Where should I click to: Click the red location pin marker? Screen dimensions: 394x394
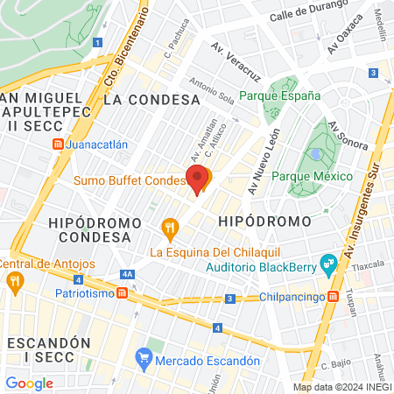click(x=199, y=179)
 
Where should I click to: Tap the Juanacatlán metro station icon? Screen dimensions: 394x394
click(x=58, y=144)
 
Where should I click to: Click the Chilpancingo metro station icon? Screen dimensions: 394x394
click(x=333, y=296)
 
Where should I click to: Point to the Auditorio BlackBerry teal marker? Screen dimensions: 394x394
click(x=328, y=261)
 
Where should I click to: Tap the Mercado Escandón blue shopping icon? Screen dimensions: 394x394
click(x=144, y=359)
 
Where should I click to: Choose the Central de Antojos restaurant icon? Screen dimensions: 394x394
click(x=14, y=282)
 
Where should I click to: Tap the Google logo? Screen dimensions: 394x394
click(x=29, y=383)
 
